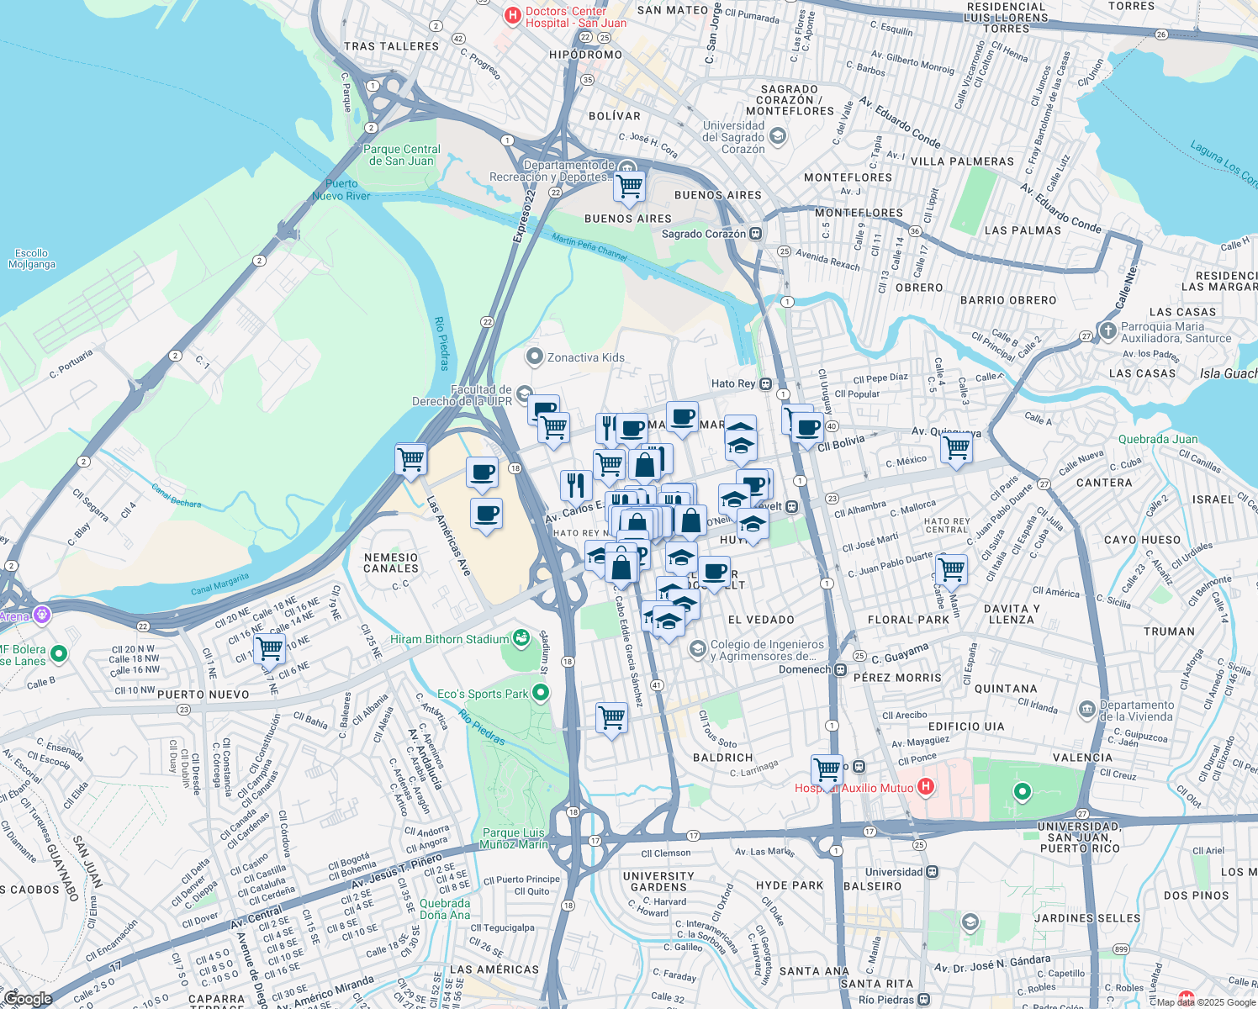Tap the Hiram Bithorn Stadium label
450,639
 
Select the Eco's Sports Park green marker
541,693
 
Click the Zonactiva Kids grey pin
534,357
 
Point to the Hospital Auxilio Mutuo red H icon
925,787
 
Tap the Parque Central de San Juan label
402,155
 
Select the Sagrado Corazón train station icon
756,234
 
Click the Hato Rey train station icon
765,383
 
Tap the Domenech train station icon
839,669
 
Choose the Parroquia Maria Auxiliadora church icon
1107,330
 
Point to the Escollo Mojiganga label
32,258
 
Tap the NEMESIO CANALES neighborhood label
391,563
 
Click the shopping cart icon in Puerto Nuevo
269,649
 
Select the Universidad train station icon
932,872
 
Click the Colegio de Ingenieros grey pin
697,649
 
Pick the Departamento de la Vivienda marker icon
1086,710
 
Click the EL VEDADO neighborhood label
761,620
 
